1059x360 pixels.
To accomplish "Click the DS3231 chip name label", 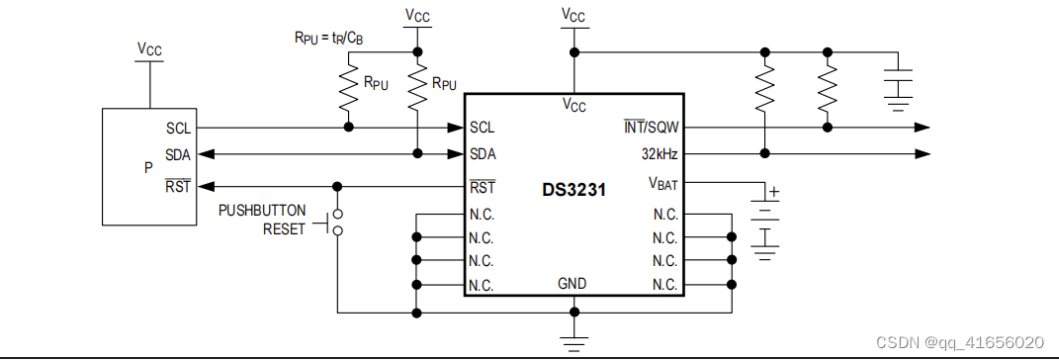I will click(x=574, y=189).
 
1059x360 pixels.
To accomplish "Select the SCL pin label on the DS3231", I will click(x=483, y=128).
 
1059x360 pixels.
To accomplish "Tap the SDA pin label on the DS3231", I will click(x=483, y=154).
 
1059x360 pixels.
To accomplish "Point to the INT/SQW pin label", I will click(x=648, y=128).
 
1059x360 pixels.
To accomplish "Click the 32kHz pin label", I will click(x=657, y=154).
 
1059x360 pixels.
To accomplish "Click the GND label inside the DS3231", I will click(x=573, y=284).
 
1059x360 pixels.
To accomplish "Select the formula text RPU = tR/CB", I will click(x=328, y=39).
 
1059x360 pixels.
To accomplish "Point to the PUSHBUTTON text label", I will click(x=262, y=211).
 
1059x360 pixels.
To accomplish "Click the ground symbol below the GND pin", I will click(x=573, y=342).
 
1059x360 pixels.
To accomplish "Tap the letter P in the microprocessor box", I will click(x=148, y=167).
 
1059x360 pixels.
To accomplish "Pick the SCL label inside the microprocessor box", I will click(x=179, y=129).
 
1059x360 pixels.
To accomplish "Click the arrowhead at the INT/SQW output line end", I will click(x=921, y=128).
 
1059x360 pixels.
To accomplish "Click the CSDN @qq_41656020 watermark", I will click(x=960, y=341).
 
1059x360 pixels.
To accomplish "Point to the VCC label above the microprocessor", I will click(x=149, y=47).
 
